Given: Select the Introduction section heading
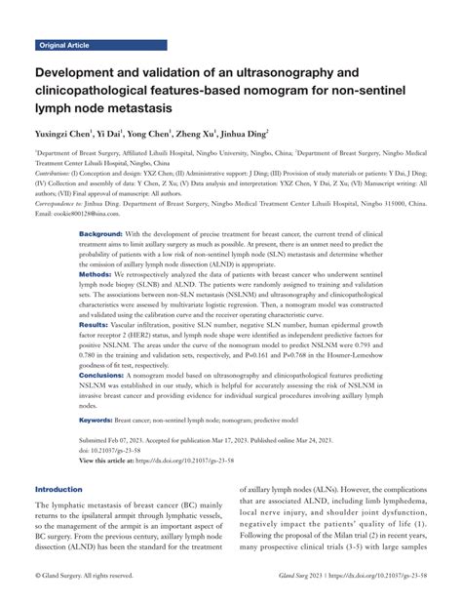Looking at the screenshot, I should pyautogui.click(x=64, y=489).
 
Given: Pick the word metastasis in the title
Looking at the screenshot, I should pyautogui.click(x=147, y=106).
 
